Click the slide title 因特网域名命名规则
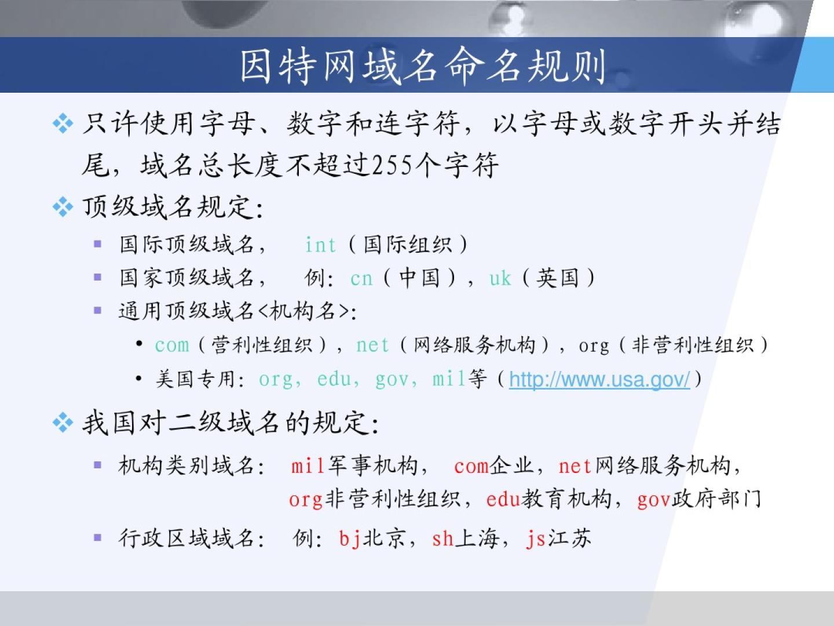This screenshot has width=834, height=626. pyautogui.click(x=423, y=66)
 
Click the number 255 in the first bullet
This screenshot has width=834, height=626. pyautogui.click(x=393, y=165)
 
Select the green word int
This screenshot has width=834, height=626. pyautogui.click(x=321, y=245)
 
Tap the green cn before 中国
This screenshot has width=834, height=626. pyautogui.click(x=361, y=279)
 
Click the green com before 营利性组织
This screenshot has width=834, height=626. pyautogui.click(x=172, y=345)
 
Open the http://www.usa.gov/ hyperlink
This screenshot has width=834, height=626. pyautogui.click(x=599, y=379)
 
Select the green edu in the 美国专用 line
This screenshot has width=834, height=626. pyautogui.click(x=334, y=379)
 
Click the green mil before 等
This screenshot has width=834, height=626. pyautogui.click(x=449, y=378)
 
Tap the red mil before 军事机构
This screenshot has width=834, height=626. pyautogui.click(x=308, y=465)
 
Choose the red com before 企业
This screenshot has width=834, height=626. pyautogui.click(x=471, y=466)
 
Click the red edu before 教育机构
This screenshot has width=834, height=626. pyautogui.click(x=503, y=499)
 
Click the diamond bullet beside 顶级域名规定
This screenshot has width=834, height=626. pyautogui.click(x=63, y=207)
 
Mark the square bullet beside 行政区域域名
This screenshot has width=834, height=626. pyautogui.click(x=98, y=537)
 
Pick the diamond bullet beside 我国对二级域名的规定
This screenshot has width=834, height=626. pyautogui.click(x=63, y=423)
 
